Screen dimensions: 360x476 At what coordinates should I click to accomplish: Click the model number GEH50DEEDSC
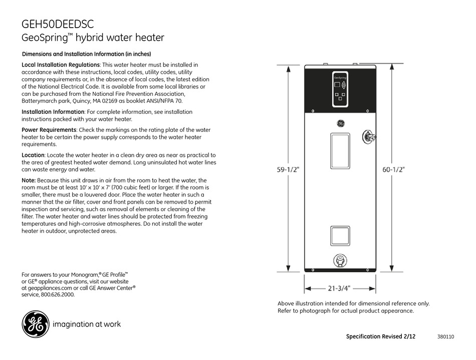(x=58, y=24)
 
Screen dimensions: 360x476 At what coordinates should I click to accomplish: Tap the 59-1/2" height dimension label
(x=288, y=169)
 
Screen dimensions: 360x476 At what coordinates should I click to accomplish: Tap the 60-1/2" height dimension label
(x=394, y=169)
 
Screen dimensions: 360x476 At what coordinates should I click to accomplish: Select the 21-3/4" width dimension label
(x=340, y=288)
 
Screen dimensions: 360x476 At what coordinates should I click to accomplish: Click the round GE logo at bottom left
(x=35, y=323)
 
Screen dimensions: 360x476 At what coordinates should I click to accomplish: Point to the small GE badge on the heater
(x=340, y=123)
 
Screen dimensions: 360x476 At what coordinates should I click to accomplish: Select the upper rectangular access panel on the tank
(x=340, y=150)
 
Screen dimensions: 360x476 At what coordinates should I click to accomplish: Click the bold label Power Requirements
(x=49, y=130)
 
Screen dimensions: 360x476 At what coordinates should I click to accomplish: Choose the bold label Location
(x=33, y=155)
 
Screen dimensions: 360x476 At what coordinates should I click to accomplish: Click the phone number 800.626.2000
(x=58, y=295)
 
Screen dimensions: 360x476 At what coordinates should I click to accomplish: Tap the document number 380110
(x=445, y=337)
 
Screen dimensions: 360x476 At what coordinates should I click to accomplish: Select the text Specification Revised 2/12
(x=381, y=336)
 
